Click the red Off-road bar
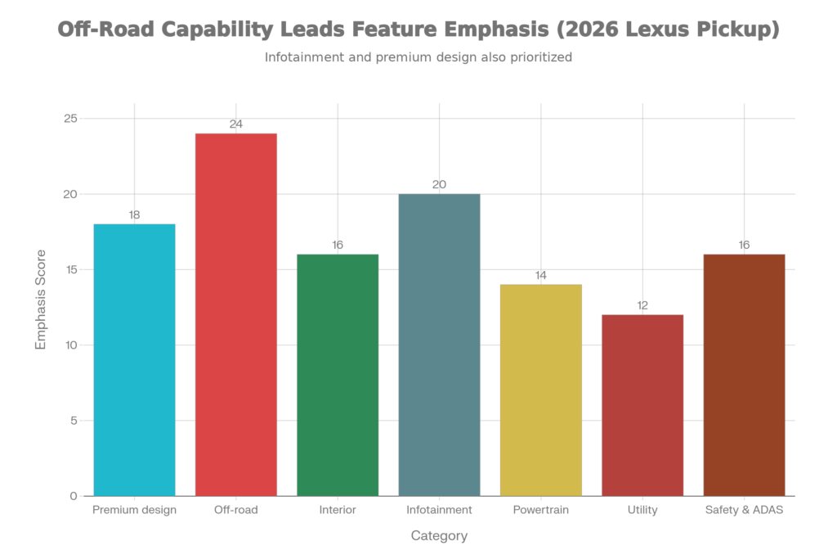coord(236,314)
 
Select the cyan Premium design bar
coord(135,359)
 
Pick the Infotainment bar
coord(439,345)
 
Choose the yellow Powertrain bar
coord(540,390)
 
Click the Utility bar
coord(642,404)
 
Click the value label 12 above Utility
coord(642,305)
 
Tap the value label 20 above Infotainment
coord(439,185)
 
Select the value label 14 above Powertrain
coord(540,275)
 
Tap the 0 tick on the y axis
coord(74,496)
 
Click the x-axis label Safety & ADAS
coord(744,510)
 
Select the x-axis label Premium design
coord(135,510)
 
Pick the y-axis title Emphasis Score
coord(41,300)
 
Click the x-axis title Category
coord(439,537)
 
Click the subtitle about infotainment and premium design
coord(418,58)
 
